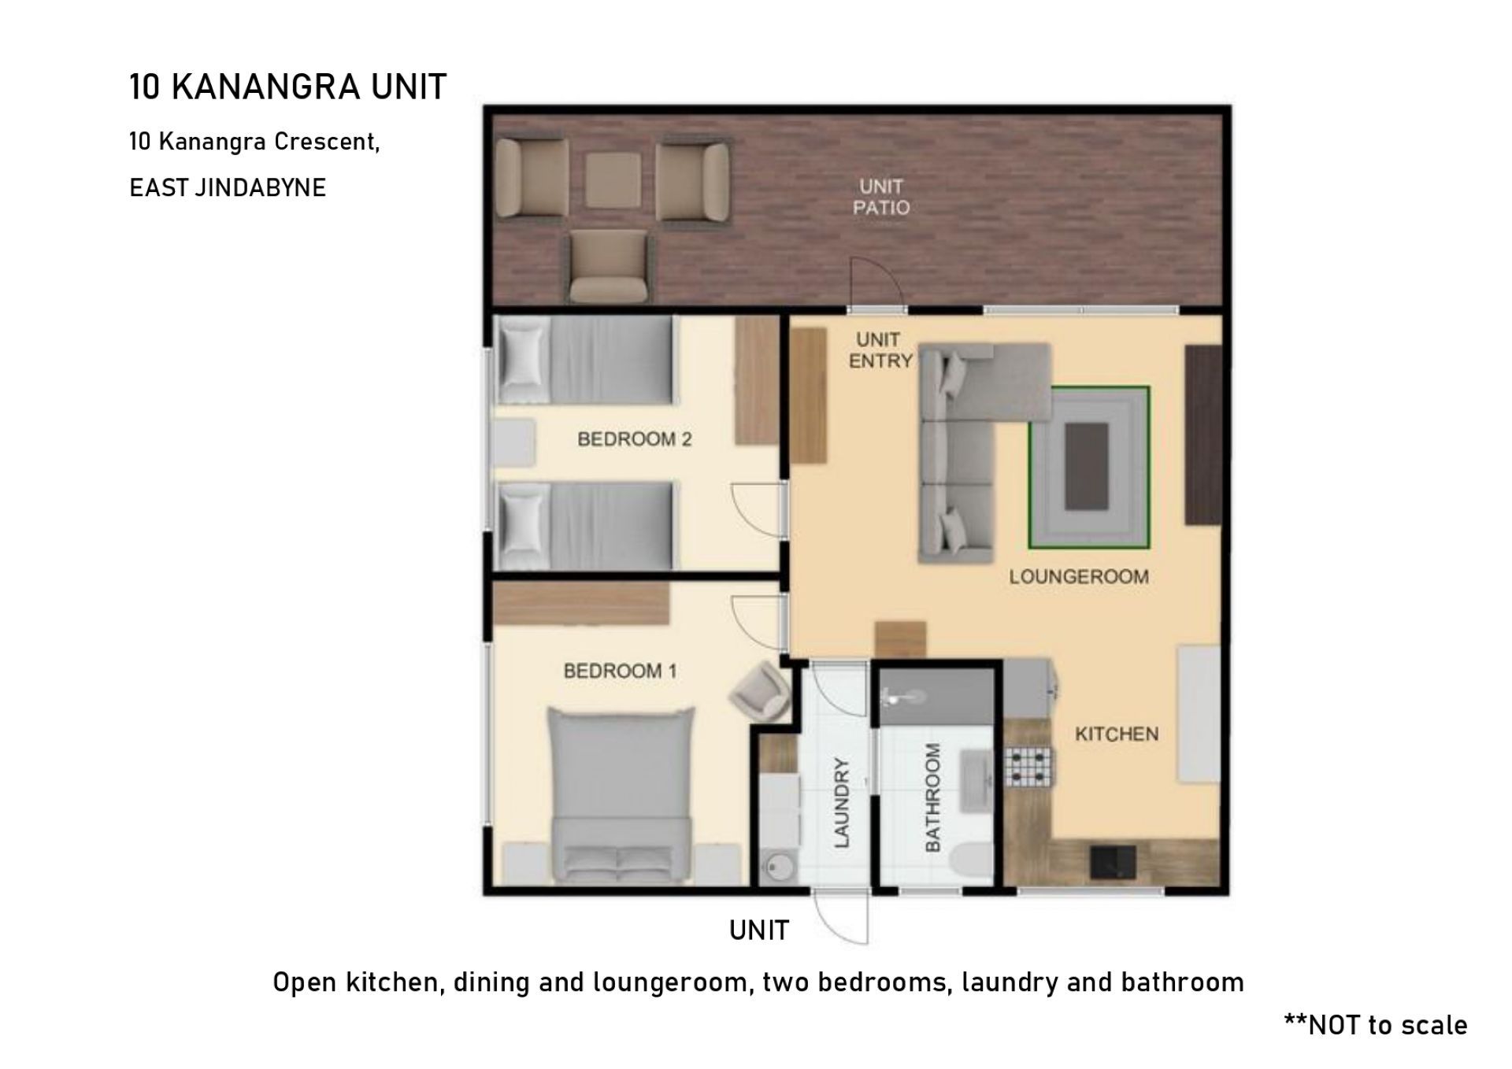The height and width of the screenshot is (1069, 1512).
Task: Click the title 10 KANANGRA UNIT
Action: [288, 87]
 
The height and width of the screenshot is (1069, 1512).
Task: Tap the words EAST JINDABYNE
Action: [228, 187]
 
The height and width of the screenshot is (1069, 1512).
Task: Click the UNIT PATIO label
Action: [881, 197]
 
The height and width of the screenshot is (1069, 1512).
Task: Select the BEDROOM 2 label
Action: [635, 438]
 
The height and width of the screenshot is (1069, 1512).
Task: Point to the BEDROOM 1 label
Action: [620, 671]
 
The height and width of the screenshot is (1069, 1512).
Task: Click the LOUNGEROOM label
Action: [1079, 577]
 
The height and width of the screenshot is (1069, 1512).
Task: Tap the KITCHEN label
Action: [1117, 734]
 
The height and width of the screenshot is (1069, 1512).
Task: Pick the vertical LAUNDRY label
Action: [842, 802]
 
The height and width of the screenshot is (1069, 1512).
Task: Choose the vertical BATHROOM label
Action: [932, 797]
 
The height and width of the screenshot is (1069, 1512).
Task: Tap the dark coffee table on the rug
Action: [1087, 466]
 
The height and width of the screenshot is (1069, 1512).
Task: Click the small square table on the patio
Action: [613, 179]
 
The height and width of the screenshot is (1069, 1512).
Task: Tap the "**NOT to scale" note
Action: [1376, 1025]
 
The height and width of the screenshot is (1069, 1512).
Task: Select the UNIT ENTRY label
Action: [880, 350]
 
